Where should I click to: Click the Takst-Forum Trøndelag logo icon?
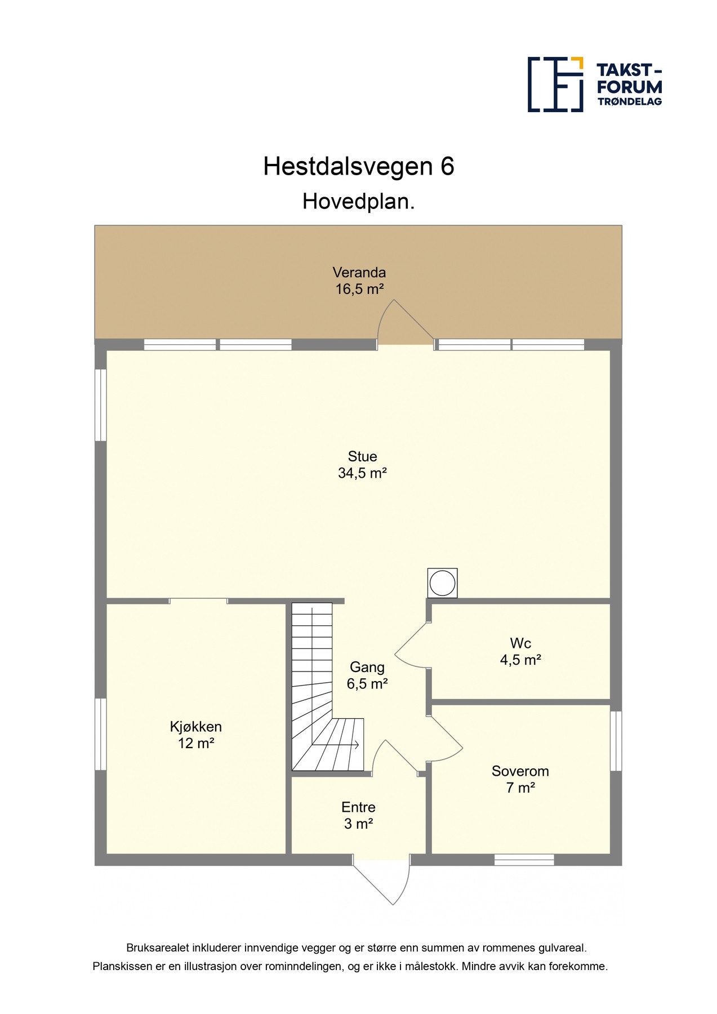(555, 84)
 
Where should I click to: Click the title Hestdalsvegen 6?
(359, 167)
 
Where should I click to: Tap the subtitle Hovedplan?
(359, 202)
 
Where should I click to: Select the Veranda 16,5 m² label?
(359, 281)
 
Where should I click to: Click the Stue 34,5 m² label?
(362, 465)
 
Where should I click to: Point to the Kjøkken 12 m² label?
(195, 735)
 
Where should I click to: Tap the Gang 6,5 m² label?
(367, 675)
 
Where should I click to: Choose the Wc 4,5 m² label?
(520, 651)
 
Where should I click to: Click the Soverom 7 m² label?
(520, 779)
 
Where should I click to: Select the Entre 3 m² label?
(358, 815)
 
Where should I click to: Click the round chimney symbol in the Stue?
(442, 583)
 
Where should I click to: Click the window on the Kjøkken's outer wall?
(100, 733)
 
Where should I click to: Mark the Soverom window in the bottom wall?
(524, 860)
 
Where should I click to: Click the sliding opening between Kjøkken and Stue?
(198, 601)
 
